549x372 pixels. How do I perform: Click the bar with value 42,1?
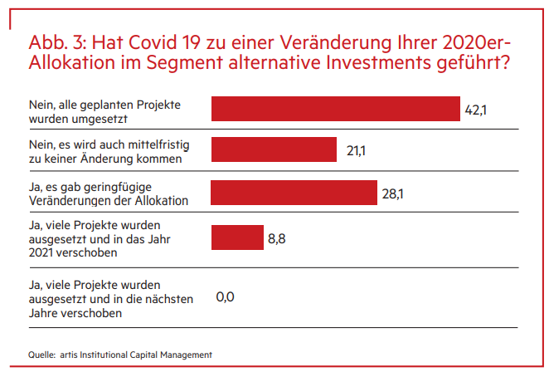pyautogui.click(x=336, y=109)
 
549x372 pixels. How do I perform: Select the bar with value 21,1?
pyautogui.click(x=274, y=149)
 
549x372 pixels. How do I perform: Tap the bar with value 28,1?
pyautogui.click(x=294, y=192)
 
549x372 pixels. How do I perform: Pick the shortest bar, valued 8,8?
pyautogui.click(x=237, y=237)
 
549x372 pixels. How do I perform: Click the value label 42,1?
pyautogui.click(x=474, y=110)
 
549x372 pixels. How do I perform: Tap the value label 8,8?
pyautogui.click(x=277, y=238)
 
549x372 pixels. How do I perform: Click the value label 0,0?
pyautogui.click(x=225, y=296)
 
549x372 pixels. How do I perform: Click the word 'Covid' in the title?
pyautogui.click(x=151, y=43)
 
